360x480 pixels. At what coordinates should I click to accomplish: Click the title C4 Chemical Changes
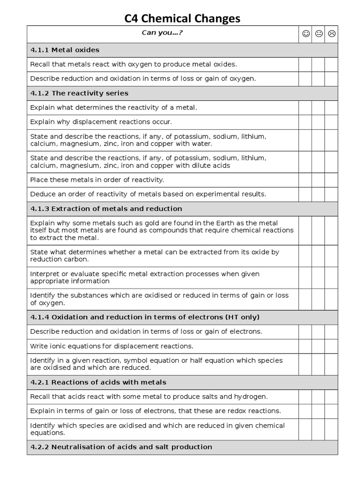click(182, 18)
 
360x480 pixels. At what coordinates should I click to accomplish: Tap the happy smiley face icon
click(306, 34)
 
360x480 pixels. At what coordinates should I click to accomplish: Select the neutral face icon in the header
click(319, 34)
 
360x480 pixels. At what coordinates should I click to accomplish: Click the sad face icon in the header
click(331, 34)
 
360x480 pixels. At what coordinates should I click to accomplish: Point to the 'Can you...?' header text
click(162, 33)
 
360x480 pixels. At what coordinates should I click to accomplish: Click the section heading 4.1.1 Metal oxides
click(65, 50)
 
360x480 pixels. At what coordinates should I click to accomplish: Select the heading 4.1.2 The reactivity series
click(79, 93)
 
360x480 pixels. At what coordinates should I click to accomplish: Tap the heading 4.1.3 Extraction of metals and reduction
click(106, 209)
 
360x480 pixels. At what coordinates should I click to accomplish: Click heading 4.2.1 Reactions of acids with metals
click(98, 382)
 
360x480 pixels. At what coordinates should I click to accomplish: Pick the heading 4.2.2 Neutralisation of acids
click(121, 447)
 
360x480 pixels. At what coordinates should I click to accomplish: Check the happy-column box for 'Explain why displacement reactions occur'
click(305, 122)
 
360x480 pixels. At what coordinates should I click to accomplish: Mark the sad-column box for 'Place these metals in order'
click(331, 180)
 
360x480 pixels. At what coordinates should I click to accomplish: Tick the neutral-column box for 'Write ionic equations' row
click(318, 346)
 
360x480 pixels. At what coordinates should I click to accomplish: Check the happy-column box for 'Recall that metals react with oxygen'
click(305, 65)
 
